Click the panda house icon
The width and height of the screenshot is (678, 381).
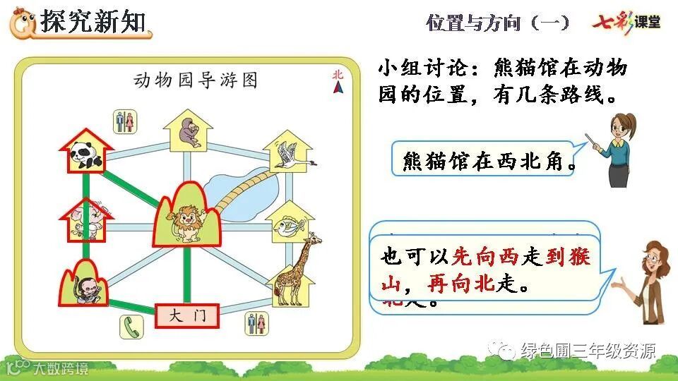[x=87, y=152]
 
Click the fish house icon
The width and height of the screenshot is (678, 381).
[x=289, y=223]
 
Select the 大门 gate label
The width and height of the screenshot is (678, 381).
[x=187, y=316]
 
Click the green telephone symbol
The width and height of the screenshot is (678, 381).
[x=131, y=325]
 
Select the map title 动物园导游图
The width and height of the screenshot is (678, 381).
[x=196, y=80]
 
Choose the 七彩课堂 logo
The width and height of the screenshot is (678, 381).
[x=626, y=22]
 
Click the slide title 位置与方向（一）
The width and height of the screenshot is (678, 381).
[x=497, y=23]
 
